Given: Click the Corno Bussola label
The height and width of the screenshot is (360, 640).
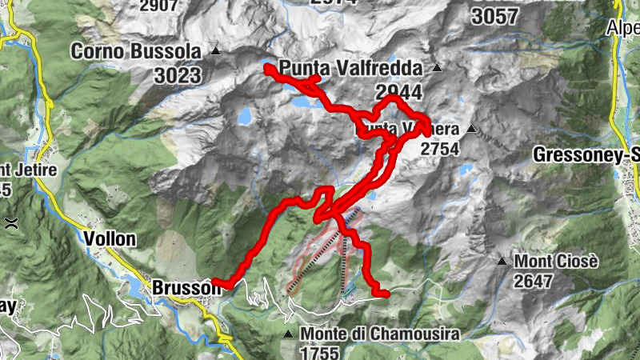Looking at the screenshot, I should [x=135, y=52].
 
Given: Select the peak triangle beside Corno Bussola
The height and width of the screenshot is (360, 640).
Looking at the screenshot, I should [x=216, y=52].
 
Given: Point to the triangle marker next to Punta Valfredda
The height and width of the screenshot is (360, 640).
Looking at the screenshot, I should [x=437, y=68].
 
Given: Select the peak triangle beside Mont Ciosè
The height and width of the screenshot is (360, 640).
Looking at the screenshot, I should [x=502, y=261].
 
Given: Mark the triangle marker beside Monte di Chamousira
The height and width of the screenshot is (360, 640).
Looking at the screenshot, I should [x=288, y=333].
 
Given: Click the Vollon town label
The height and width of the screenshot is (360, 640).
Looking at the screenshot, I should [x=110, y=238].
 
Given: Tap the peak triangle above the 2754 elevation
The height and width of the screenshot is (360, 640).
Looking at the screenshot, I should [x=472, y=129].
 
